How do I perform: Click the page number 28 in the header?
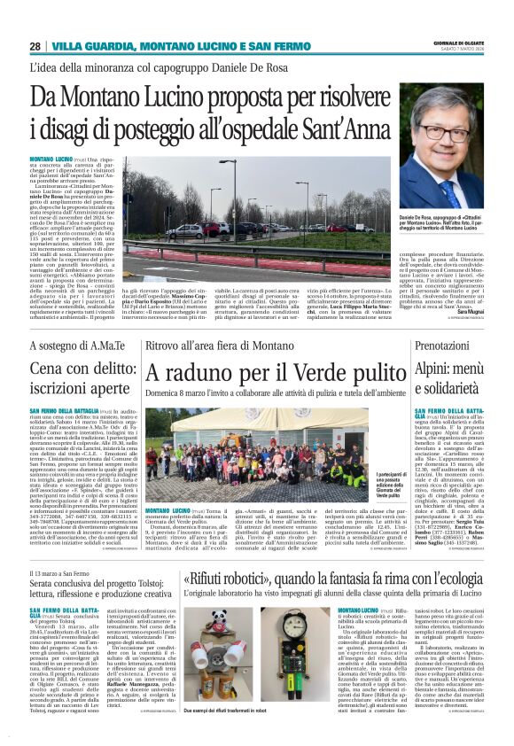[35, 46]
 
